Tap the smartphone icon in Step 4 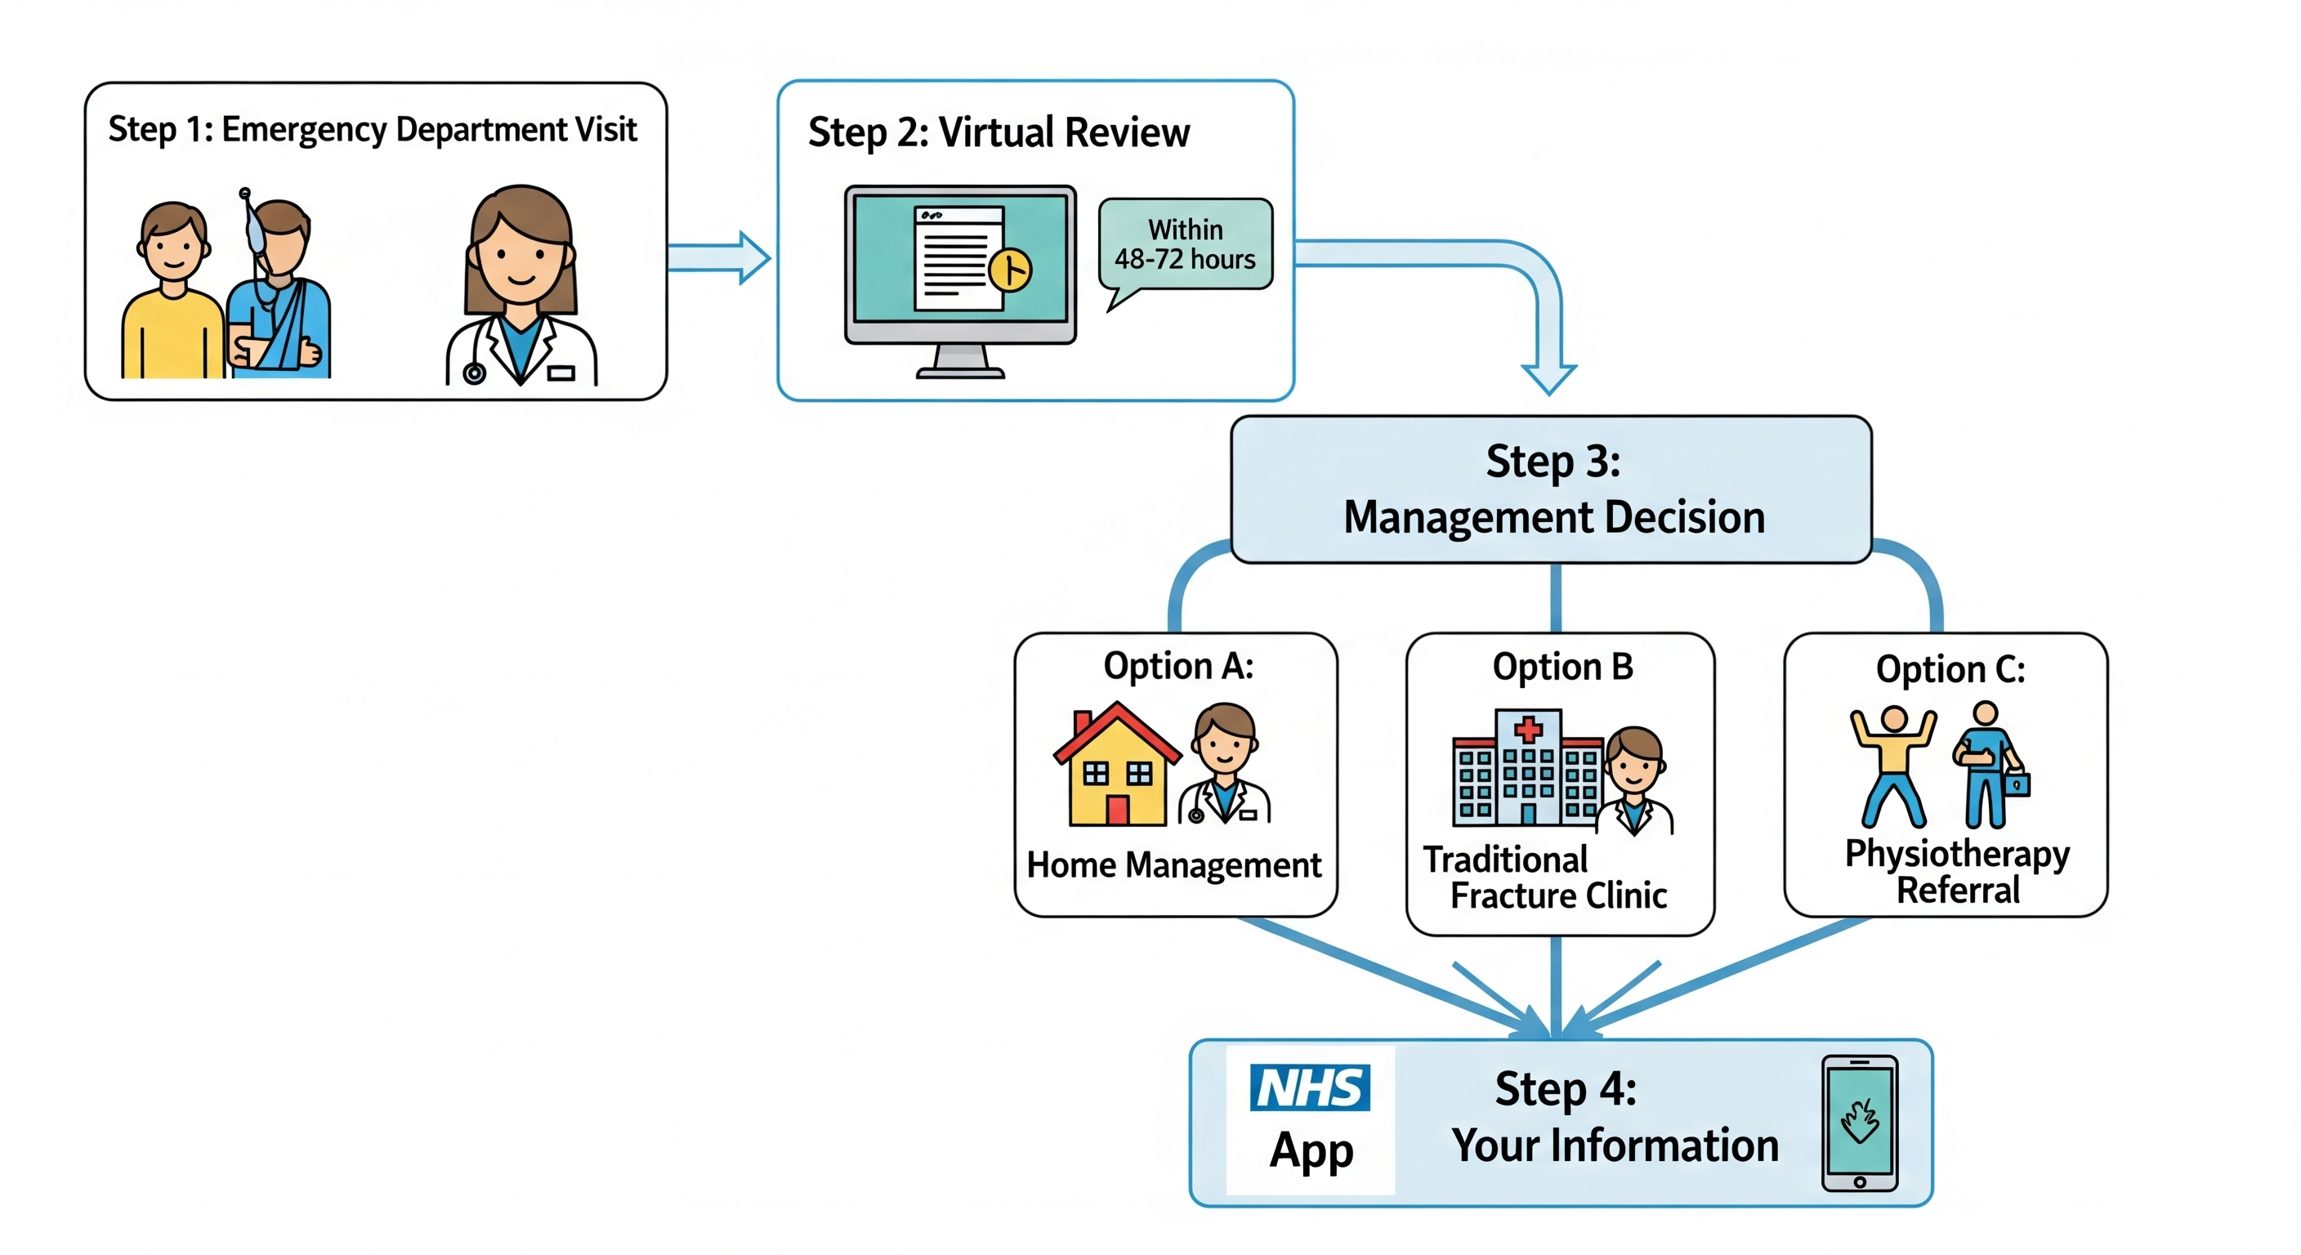[x=1860, y=1123]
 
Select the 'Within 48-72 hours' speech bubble [x=1185, y=243]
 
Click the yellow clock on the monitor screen [x=1010, y=269]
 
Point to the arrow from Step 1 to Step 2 [x=720, y=257]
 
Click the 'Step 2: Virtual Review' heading [x=999, y=132]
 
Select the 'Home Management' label [x=1173, y=864]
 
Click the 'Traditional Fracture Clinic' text [x=1545, y=878]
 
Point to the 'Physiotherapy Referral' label [x=1957, y=871]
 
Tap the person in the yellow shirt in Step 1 [x=172, y=295]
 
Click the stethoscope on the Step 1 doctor [x=474, y=370]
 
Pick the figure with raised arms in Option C [x=1892, y=765]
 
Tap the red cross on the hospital [x=1528, y=729]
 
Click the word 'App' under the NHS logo [x=1311, y=1150]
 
